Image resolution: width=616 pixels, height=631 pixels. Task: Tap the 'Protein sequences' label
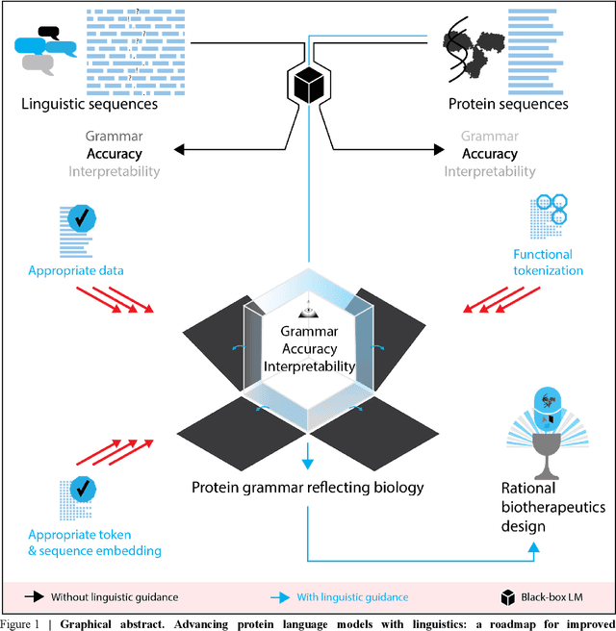click(x=508, y=104)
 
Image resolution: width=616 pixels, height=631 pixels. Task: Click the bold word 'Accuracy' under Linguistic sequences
click(x=114, y=154)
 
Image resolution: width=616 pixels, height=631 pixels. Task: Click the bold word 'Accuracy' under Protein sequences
click(x=490, y=154)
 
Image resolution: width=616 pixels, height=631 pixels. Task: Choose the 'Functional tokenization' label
click(x=542, y=263)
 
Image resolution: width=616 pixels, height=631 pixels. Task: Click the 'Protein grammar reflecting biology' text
click(x=307, y=488)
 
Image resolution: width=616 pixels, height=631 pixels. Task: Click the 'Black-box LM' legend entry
click(x=552, y=597)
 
